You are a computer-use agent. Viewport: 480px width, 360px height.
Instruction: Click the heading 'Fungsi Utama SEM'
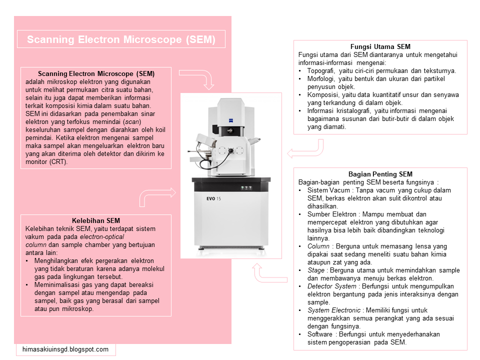click(x=380, y=47)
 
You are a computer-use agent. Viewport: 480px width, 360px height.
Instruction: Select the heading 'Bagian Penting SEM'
click(x=380, y=174)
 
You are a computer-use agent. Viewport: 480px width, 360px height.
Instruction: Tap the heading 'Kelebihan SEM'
click(x=96, y=220)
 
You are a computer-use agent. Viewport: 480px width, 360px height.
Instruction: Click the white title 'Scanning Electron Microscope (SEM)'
click(x=121, y=39)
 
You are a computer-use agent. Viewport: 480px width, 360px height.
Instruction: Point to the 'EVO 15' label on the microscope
click(x=213, y=198)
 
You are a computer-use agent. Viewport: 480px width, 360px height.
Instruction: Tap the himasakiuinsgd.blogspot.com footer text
click(x=65, y=349)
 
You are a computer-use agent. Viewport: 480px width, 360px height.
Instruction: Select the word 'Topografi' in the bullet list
click(x=320, y=71)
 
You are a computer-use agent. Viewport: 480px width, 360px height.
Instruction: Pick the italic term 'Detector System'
click(x=332, y=286)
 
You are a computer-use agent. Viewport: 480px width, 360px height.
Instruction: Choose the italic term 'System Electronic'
click(x=334, y=310)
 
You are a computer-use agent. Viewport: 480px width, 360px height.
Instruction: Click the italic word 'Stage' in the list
click(x=316, y=270)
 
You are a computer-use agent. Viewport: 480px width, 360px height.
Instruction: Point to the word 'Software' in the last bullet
click(x=320, y=334)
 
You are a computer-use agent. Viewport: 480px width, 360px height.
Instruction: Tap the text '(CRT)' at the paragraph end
click(x=58, y=162)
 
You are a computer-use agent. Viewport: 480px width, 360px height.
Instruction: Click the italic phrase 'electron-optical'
click(x=102, y=237)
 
